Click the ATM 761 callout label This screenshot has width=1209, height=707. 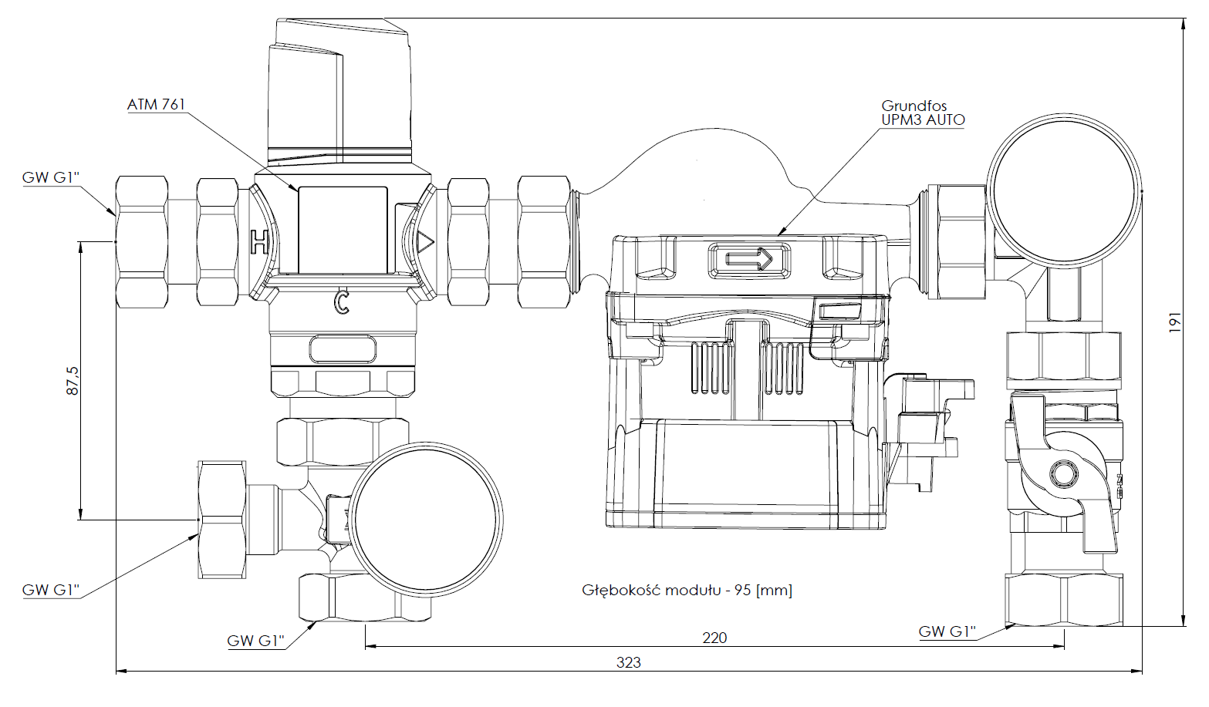[157, 104]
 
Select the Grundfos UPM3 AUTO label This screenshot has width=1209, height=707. [923, 113]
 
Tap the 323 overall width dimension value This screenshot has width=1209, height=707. [628, 662]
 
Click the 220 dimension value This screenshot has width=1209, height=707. [714, 638]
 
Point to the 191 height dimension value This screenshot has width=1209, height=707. [1174, 322]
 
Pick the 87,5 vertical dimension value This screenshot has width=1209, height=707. [72, 381]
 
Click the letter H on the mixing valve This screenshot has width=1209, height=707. [260, 241]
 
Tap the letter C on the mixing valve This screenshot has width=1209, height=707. [341, 302]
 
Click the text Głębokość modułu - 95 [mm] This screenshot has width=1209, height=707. [687, 591]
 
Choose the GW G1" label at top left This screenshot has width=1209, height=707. [51, 177]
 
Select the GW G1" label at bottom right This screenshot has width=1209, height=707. [947, 632]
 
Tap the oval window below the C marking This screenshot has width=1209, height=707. [343, 348]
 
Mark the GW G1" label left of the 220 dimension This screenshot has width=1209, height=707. [255, 641]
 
